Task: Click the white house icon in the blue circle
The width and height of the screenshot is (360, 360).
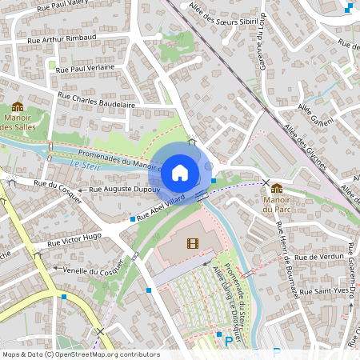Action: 180,172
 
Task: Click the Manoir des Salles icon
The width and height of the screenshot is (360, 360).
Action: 18,107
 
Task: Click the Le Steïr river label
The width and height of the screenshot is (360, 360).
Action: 82,165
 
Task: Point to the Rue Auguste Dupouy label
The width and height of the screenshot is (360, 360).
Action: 124,190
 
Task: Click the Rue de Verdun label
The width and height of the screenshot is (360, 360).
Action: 318,258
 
